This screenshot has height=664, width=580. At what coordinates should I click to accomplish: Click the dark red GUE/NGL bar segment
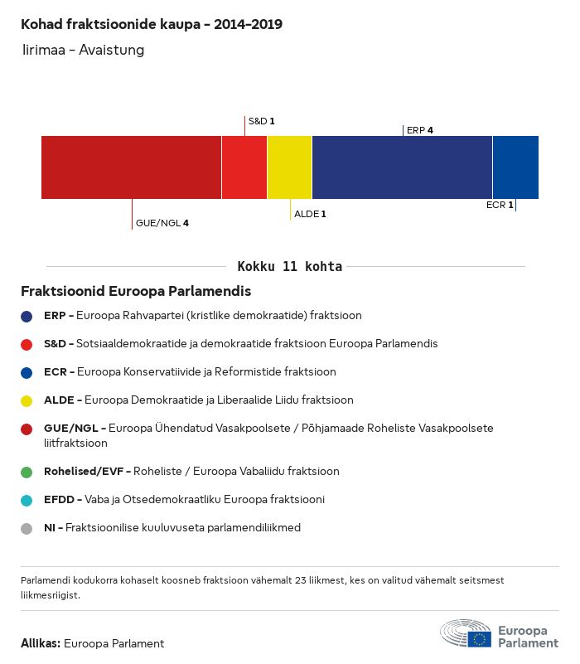(x=131, y=167)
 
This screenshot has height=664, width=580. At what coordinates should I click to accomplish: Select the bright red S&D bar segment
(x=244, y=167)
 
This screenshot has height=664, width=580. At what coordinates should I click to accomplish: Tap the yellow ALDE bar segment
(x=289, y=167)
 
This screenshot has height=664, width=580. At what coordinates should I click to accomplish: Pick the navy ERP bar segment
(x=402, y=167)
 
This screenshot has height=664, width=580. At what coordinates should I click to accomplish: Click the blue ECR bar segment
(x=515, y=167)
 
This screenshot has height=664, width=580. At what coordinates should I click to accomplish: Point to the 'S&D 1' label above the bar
(x=262, y=121)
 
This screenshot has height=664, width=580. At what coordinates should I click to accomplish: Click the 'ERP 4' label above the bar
(x=419, y=130)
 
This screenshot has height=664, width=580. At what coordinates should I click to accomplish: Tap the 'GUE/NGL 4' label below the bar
(x=162, y=223)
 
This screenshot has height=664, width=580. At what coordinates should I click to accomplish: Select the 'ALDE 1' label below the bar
(x=310, y=214)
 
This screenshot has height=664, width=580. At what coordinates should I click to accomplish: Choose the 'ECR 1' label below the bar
(x=500, y=205)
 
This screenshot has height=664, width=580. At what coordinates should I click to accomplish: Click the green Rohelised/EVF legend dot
(x=27, y=473)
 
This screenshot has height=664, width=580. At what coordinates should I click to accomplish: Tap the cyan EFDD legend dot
(x=27, y=501)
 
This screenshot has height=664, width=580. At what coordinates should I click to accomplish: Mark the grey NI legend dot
(x=27, y=529)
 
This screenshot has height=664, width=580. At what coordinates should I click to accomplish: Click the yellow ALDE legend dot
(x=27, y=401)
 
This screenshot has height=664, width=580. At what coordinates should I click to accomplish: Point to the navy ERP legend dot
(x=27, y=317)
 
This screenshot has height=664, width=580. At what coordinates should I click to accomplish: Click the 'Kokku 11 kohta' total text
(x=289, y=266)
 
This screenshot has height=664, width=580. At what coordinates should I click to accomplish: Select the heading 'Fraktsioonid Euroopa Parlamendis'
(x=136, y=291)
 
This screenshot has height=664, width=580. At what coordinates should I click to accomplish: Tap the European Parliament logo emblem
(x=466, y=633)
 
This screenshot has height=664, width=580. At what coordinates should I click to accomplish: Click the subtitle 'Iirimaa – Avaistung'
(x=84, y=50)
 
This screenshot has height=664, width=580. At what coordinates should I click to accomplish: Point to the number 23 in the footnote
(x=301, y=580)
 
